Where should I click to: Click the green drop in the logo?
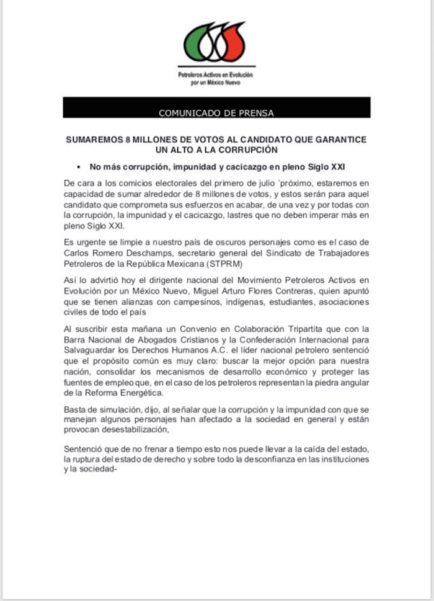pyautogui.click(x=198, y=43)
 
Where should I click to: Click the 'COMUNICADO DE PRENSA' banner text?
pyautogui.click(x=216, y=113)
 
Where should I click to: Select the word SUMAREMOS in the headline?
pyautogui.click(x=94, y=140)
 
